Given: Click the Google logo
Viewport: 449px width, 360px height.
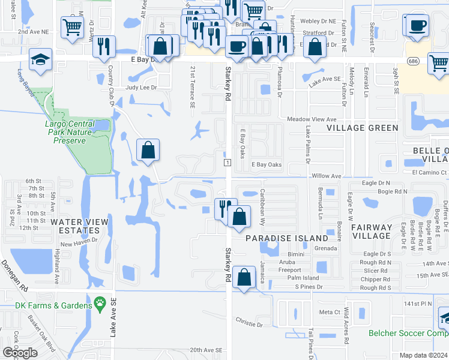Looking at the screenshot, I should tap(20, 353).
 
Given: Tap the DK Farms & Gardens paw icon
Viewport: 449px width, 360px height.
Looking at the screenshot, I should tap(99, 305).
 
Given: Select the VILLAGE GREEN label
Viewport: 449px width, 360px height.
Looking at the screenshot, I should tap(362, 128).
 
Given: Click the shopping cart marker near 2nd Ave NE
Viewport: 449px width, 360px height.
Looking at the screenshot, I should tap(72, 26).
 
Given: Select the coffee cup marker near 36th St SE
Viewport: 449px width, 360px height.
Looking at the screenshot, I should tap(417, 26).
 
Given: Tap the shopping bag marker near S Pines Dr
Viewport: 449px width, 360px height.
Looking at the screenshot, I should tap(244, 278).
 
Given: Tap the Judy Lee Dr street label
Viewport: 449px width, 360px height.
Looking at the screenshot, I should tap(140, 88).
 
